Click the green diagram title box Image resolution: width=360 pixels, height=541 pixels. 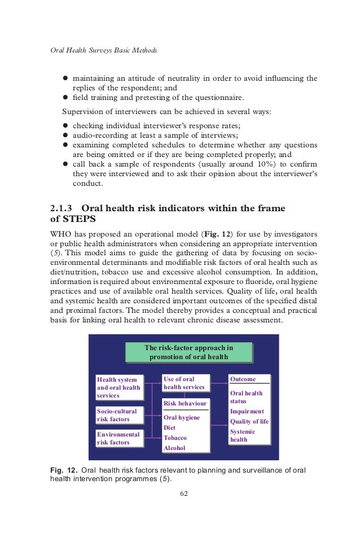point(188,352)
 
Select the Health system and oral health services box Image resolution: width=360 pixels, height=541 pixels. point(118,387)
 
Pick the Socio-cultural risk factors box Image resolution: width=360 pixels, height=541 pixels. point(118,416)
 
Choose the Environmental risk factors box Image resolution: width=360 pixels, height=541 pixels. point(118,439)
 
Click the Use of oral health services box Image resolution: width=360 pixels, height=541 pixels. point(186,383)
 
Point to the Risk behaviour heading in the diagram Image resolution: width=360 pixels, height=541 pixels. point(186,404)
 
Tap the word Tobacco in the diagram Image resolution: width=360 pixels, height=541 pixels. point(175,438)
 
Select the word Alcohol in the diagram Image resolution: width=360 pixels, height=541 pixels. point(174,448)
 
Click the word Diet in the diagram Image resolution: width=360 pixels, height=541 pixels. point(169,428)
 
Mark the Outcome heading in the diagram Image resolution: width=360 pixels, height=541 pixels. point(243,379)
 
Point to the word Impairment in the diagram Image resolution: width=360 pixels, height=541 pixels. point(247,412)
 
